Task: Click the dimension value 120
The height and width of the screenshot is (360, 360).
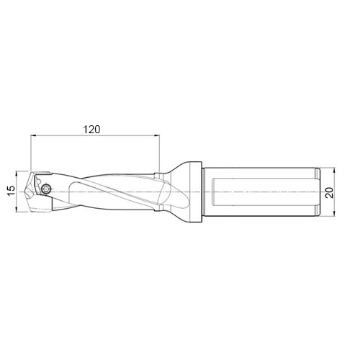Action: (91, 130)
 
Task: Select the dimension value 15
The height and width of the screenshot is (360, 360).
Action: (12, 191)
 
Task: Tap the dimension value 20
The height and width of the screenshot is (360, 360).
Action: (329, 192)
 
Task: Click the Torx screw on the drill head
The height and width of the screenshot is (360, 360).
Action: (46, 189)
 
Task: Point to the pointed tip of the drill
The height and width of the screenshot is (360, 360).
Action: (26, 192)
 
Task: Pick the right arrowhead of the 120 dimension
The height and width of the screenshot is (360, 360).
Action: (157, 135)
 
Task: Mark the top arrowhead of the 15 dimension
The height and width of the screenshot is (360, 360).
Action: (16, 174)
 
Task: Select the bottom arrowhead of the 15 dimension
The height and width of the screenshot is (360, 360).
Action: (16, 210)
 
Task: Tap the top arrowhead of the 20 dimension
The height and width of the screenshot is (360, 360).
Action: (334, 171)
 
